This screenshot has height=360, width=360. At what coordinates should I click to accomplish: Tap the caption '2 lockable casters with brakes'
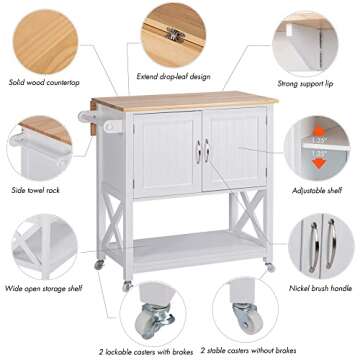[x=146, y=351]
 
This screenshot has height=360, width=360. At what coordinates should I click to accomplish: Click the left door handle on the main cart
[x=198, y=151]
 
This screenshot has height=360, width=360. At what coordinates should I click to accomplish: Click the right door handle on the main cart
[x=208, y=151]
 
